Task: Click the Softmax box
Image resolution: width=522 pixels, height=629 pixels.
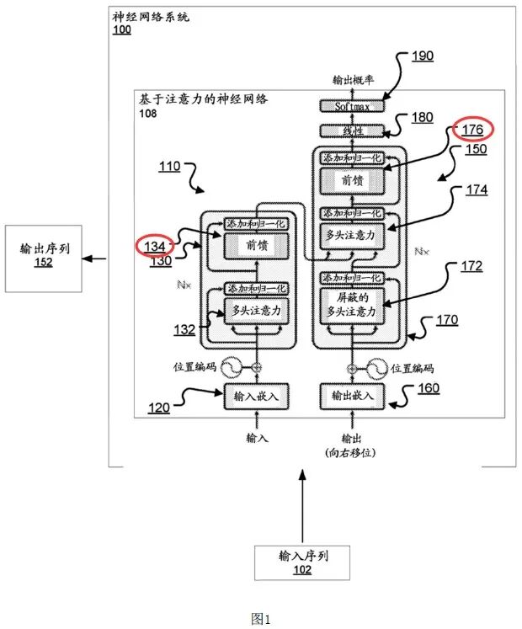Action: tap(351, 107)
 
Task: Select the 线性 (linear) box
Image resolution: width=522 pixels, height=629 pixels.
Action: tap(351, 131)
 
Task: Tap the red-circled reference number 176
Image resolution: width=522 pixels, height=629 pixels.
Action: tap(471, 130)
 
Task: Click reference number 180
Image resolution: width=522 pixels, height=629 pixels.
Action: tap(423, 117)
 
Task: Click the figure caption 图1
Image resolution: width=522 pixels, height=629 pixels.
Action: tap(261, 619)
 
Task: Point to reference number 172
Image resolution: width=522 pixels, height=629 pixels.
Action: tap(471, 266)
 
